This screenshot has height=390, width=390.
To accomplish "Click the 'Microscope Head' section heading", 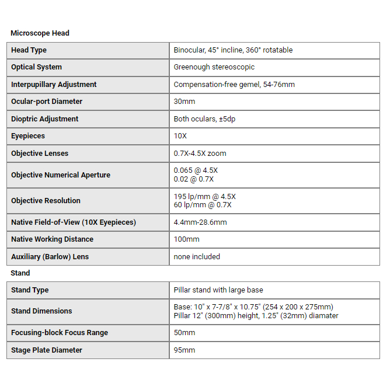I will [40, 33].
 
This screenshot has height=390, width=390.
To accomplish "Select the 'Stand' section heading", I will [20, 273].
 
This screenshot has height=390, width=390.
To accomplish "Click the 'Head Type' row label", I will [29, 50].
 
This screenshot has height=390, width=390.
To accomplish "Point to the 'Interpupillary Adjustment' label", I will [54, 85].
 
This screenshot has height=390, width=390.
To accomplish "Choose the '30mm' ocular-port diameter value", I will [185, 102].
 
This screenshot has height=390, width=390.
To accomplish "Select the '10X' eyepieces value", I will [180, 136].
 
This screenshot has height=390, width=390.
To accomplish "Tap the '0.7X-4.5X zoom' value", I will [200, 154].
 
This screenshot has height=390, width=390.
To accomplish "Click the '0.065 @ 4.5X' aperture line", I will [196, 170].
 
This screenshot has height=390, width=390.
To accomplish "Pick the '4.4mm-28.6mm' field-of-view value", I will [200, 222].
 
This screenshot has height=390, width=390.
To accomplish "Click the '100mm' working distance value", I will [186, 239].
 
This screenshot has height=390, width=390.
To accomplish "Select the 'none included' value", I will [197, 257].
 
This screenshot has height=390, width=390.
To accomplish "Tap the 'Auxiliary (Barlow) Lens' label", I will [50, 257].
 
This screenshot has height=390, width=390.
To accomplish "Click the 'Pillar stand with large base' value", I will [218, 290].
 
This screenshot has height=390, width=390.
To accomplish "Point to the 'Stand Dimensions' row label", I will [41, 311].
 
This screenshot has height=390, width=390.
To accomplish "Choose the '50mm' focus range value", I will [184, 333].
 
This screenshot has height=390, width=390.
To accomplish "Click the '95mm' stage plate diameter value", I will [184, 350].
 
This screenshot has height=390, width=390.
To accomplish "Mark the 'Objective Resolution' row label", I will [46, 201].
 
